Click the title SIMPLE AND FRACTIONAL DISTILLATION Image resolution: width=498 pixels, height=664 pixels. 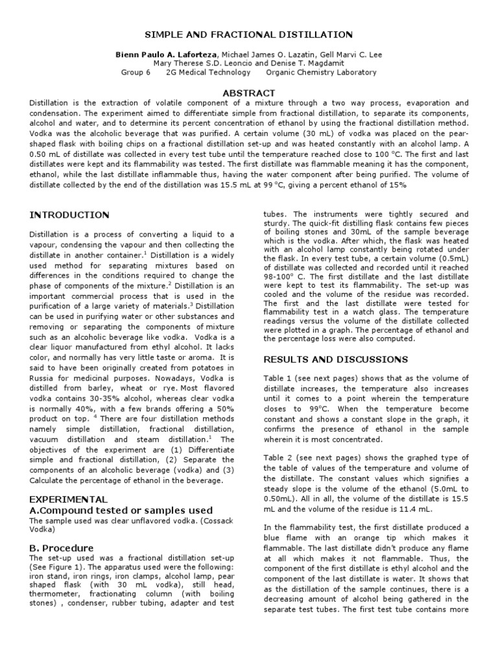248,34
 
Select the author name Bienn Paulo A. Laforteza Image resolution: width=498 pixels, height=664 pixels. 157,53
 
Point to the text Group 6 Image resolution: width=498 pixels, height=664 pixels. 136,73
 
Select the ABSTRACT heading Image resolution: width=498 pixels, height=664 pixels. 249,93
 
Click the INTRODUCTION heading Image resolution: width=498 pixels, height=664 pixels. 71,215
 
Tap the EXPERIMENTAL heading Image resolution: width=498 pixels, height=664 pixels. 69,499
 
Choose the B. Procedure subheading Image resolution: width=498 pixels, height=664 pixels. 62,548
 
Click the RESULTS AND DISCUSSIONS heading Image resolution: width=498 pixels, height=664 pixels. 335,359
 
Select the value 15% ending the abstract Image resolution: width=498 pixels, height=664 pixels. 396,185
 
